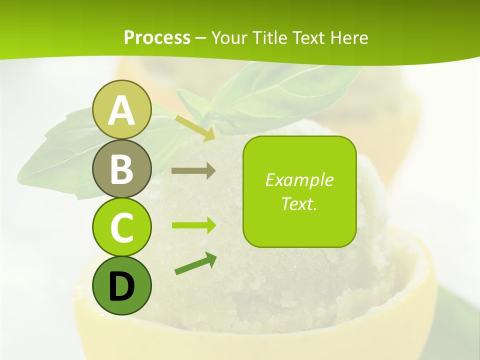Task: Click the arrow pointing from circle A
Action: click(x=195, y=128)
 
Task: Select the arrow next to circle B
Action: click(x=193, y=171)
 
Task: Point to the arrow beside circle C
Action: click(x=193, y=225)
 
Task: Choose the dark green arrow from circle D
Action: click(x=195, y=264)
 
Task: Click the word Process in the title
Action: click(x=157, y=38)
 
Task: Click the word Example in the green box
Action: click(x=299, y=180)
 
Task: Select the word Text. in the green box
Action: click(x=299, y=203)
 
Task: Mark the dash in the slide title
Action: click(x=201, y=38)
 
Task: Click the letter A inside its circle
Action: click(x=121, y=111)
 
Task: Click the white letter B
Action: click(x=121, y=169)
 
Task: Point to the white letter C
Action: click(x=121, y=227)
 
